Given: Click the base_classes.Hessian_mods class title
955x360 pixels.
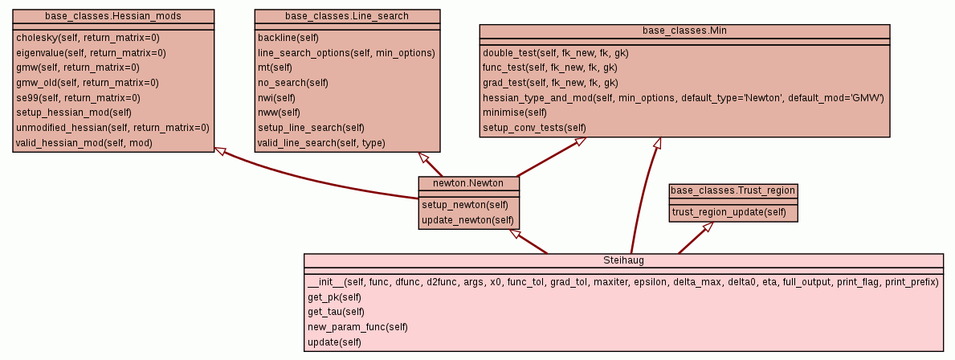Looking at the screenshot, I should click(113, 16).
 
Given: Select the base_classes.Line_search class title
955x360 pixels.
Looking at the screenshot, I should click(347, 16).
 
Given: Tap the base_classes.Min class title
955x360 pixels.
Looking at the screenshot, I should click(684, 31).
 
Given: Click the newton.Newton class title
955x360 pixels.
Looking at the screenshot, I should click(468, 183).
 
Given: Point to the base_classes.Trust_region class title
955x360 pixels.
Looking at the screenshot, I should click(733, 190).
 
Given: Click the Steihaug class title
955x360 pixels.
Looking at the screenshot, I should click(623, 260).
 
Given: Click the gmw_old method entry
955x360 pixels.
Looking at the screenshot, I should click(88, 83).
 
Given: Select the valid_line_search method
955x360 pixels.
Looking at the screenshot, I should click(321, 143).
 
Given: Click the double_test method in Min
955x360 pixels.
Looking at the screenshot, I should click(555, 53).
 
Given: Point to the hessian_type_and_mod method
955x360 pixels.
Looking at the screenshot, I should click(683, 98).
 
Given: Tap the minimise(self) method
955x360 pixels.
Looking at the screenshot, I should click(515, 113).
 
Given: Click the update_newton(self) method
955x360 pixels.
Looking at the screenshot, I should click(467, 220).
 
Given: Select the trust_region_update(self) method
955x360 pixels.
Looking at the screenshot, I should click(729, 212).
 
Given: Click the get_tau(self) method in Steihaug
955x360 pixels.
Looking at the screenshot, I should click(336, 312).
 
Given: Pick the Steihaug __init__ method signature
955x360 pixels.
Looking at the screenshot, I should click(622, 282).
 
